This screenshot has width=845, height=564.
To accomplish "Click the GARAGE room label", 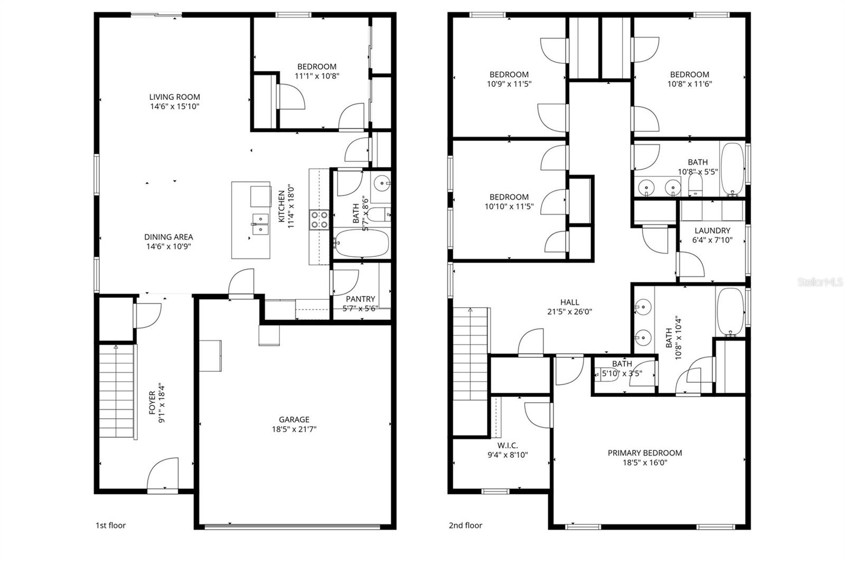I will (294, 420).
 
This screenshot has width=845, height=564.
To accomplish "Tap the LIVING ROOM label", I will (174, 97).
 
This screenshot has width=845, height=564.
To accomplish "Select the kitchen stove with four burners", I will (319, 219).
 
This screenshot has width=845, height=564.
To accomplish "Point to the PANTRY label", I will (360, 299).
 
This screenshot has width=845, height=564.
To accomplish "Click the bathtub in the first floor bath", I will (362, 243).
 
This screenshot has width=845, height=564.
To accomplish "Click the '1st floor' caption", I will (110, 525).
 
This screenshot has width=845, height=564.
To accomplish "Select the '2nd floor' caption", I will (465, 525).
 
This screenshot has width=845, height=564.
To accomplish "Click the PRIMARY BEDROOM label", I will (644, 453).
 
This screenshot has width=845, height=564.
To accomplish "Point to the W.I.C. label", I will (508, 445).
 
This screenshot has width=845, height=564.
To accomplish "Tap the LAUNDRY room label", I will (712, 230).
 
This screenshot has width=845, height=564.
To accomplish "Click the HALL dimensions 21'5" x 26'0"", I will (569, 312).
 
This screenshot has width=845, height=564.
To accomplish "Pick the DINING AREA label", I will (168, 237).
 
